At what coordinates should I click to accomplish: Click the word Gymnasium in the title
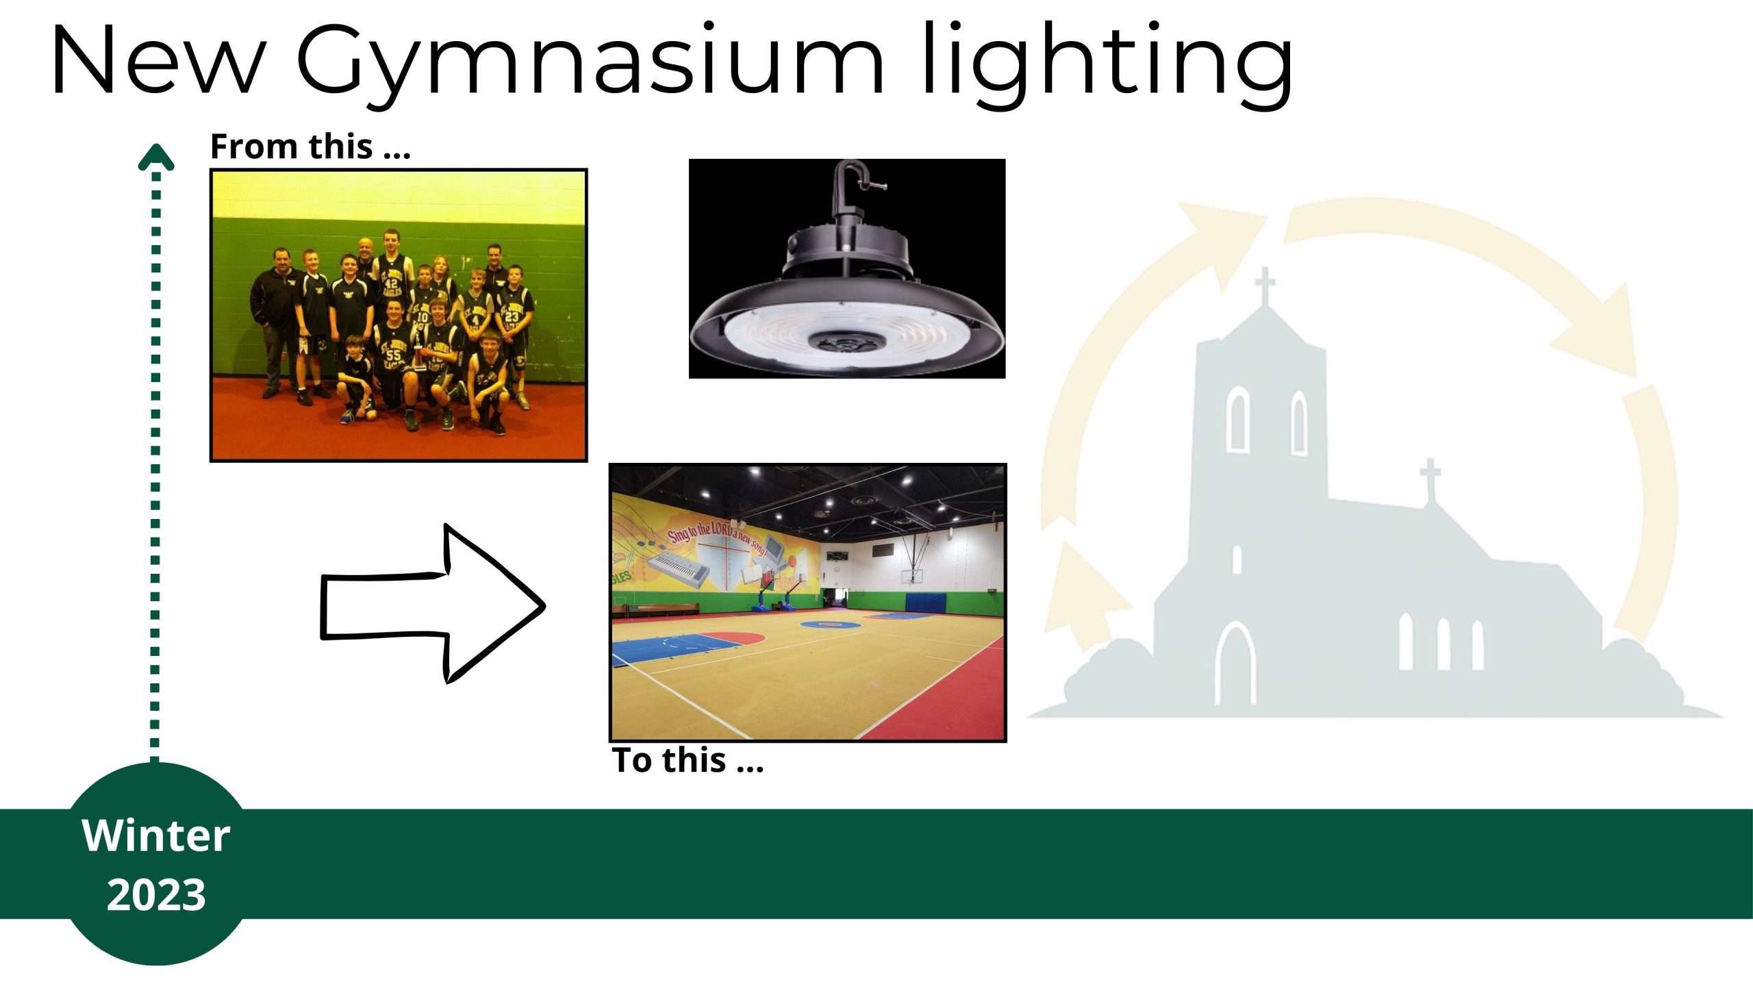pos(590,64)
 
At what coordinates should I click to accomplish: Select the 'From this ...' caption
pos(310,146)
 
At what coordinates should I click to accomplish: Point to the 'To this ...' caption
pos(688,760)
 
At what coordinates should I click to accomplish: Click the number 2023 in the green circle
pos(156,894)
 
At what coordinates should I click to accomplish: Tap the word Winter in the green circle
pos(156,835)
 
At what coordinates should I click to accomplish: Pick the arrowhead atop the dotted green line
pos(156,157)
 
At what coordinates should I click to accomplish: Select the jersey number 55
pos(393,355)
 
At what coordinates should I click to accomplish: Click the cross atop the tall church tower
pos(1265,283)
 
